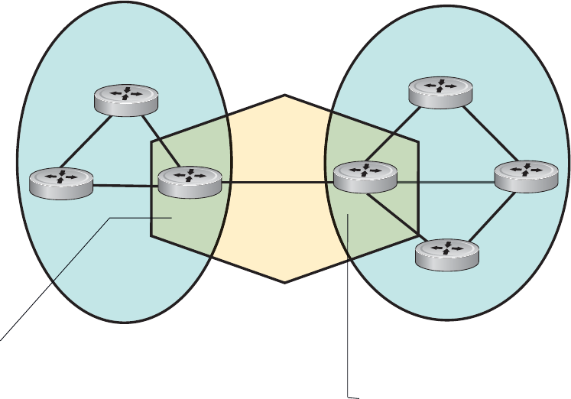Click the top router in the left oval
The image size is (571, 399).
(x=125, y=100)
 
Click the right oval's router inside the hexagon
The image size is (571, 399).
(x=366, y=177)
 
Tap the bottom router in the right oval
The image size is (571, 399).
(x=446, y=254)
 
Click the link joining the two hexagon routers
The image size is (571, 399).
(x=277, y=182)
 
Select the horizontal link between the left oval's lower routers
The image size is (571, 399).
(x=125, y=184)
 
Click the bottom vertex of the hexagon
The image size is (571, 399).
(x=285, y=282)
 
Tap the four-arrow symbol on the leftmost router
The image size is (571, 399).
(x=60, y=177)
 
